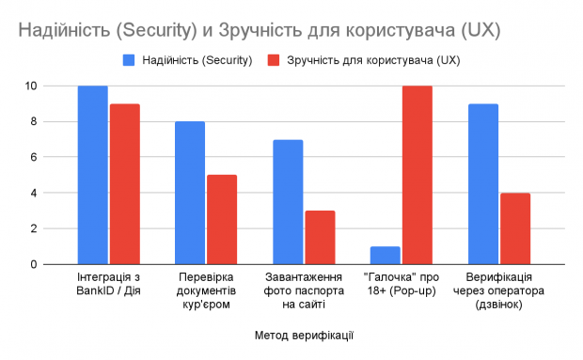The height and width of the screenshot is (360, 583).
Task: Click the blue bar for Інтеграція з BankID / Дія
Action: pyautogui.click(x=92, y=175)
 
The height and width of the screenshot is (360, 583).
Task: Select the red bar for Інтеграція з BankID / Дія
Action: pyautogui.click(x=124, y=183)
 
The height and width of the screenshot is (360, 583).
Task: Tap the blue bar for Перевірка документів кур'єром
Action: pyautogui.click(x=190, y=193)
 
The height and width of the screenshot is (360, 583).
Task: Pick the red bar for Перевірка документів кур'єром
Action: pyautogui.click(x=222, y=219)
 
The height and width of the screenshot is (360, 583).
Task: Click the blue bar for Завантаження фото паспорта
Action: pyautogui.click(x=288, y=202)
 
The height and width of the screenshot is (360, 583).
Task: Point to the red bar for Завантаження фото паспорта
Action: pyautogui.click(x=320, y=237)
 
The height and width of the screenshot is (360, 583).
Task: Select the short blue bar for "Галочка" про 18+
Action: pyautogui.click(x=386, y=255)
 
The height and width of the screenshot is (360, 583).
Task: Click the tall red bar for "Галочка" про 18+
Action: pyautogui.click(x=418, y=175)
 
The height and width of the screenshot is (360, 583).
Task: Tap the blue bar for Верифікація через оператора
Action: pyautogui.click(x=483, y=183)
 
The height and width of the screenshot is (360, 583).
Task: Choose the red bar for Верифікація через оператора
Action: pyautogui.click(x=515, y=228)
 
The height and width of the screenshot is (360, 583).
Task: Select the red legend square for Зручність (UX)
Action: pyautogui.click(x=274, y=60)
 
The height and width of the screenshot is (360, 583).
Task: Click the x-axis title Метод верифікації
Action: pyautogui.click(x=304, y=334)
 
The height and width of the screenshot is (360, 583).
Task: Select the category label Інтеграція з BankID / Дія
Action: pyautogui.click(x=108, y=285)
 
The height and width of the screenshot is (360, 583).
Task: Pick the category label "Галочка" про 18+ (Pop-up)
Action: pyautogui.click(x=402, y=285)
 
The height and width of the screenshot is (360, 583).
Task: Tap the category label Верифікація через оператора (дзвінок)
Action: pyautogui.click(x=499, y=291)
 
